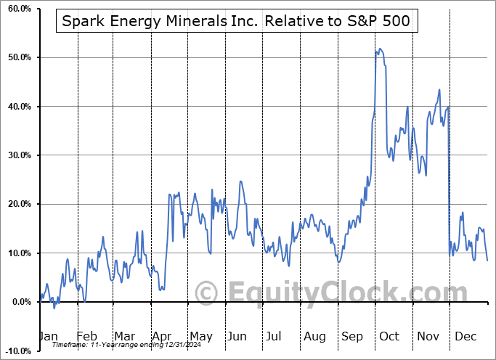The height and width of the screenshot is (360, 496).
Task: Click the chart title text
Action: (x=237, y=22)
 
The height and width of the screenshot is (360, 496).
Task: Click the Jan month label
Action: (x=47, y=337)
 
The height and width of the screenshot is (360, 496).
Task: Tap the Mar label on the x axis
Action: (x=124, y=337)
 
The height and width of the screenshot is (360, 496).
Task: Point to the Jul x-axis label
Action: (x=274, y=337)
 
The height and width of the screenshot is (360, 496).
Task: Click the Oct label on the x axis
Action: (x=389, y=337)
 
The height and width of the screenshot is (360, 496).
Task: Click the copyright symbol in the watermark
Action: (x=208, y=293)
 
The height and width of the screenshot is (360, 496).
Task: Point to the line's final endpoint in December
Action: (x=487, y=260)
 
